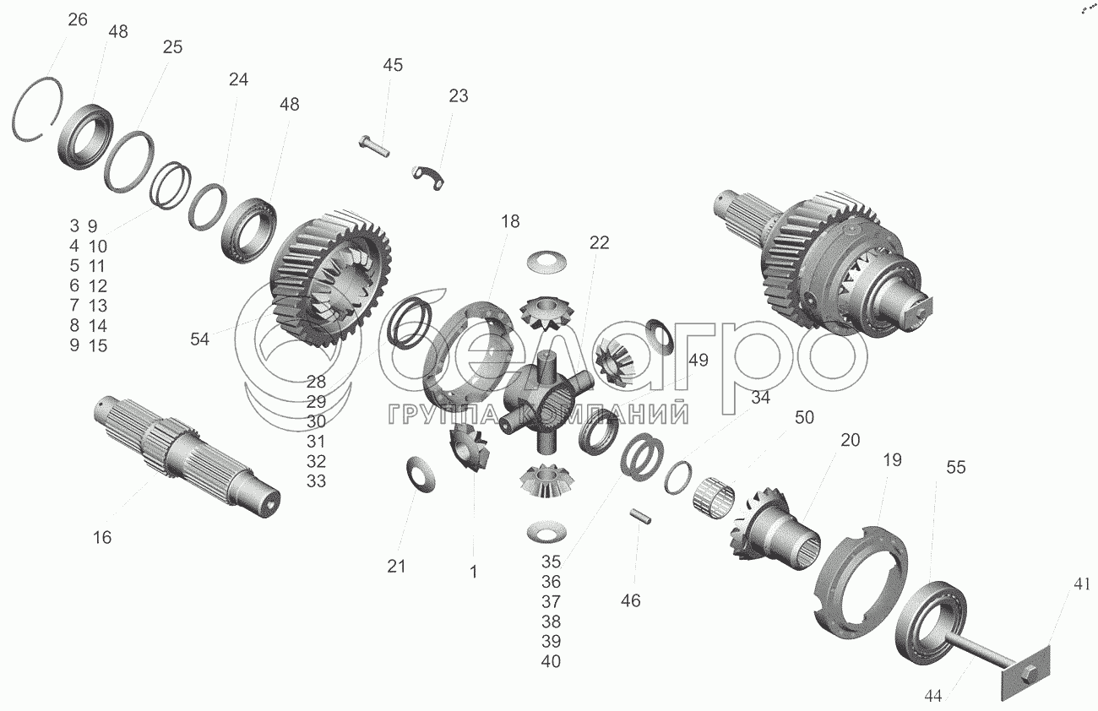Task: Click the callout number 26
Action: coord(78,20)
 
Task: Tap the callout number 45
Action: coord(393,65)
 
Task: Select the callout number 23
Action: coord(459,96)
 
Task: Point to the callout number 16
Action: coord(102,538)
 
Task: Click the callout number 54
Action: coord(199,339)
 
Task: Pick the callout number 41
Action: coord(1082,584)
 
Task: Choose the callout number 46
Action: coord(630,600)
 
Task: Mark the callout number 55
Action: coord(956,468)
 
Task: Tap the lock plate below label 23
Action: coord(427,177)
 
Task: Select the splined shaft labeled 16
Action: coord(188,456)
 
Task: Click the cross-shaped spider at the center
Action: coord(548,402)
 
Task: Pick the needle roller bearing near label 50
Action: coord(714,495)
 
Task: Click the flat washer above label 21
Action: coord(421,474)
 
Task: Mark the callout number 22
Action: coord(599,243)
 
